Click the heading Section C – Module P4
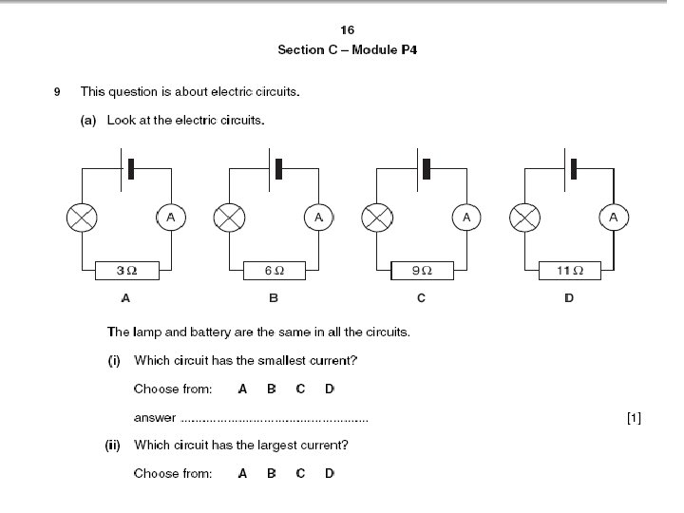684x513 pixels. pyautogui.click(x=348, y=49)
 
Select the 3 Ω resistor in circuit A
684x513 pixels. pyautogui.click(x=126, y=272)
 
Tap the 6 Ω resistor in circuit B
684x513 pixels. pyautogui.click(x=274, y=272)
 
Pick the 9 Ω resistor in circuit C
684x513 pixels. pyautogui.click(x=421, y=272)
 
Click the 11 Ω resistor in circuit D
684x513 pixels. pyautogui.click(x=569, y=272)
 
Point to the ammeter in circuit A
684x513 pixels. pyautogui.click(x=171, y=218)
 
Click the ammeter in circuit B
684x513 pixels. pyautogui.click(x=318, y=218)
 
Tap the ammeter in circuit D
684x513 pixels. pyautogui.click(x=614, y=218)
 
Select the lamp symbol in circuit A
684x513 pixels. pyautogui.click(x=82, y=218)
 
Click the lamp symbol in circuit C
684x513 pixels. pyautogui.click(x=377, y=218)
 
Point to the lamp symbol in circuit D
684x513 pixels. pyautogui.click(x=524, y=218)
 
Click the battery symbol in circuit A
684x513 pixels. pyautogui.click(x=126, y=168)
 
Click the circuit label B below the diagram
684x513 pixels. pyautogui.click(x=274, y=298)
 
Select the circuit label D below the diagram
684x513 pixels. pyautogui.click(x=569, y=298)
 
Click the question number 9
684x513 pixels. pyautogui.click(x=58, y=92)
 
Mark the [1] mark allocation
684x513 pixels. pyautogui.click(x=635, y=417)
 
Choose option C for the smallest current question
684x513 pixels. pyautogui.click(x=300, y=389)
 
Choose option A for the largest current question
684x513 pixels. pyautogui.click(x=242, y=473)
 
